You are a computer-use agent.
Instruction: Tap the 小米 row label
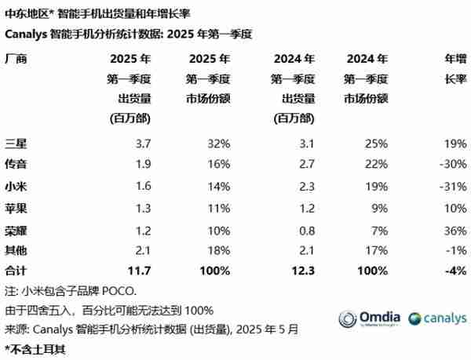(16, 186)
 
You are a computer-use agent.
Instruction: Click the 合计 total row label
(16, 270)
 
